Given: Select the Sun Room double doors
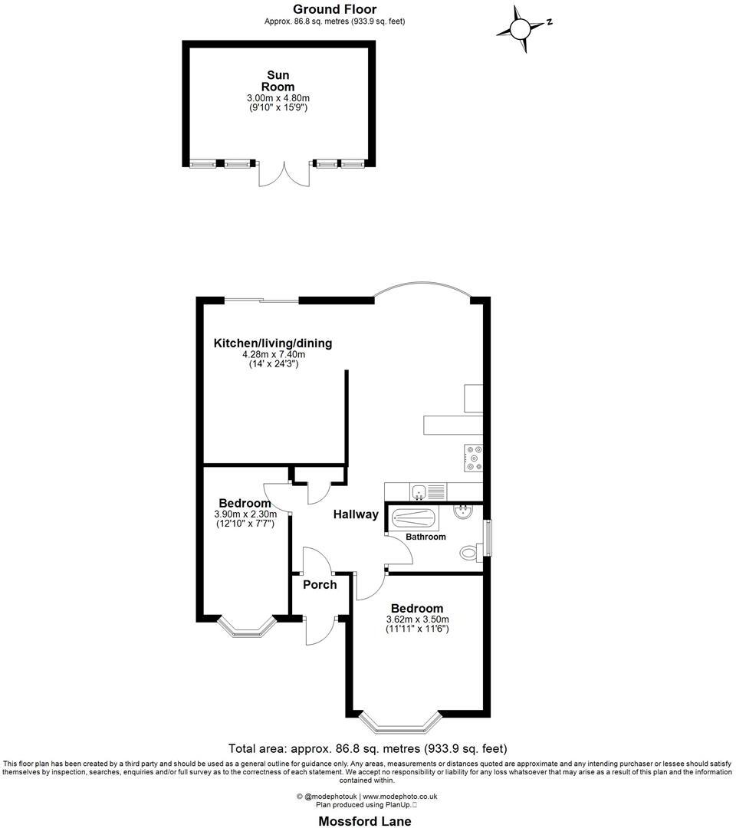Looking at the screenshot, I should click(x=284, y=174).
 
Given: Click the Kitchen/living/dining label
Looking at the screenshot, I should click(x=273, y=343).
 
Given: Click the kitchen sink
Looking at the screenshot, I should click(x=419, y=491).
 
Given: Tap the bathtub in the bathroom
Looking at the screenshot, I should click(x=415, y=519).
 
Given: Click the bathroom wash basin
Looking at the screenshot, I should click(x=465, y=512).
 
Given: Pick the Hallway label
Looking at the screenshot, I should click(x=356, y=514).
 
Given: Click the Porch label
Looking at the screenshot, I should click(x=320, y=585).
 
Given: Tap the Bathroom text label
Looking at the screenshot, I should click(x=426, y=537).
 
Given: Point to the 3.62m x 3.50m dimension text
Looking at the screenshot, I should click(x=417, y=619).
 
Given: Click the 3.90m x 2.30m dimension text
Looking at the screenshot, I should click(x=245, y=514).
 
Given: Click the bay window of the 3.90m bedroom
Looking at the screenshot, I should click(x=246, y=627).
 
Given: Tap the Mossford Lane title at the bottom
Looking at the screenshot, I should click(x=365, y=821).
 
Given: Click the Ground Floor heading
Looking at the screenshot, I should click(x=334, y=9).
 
